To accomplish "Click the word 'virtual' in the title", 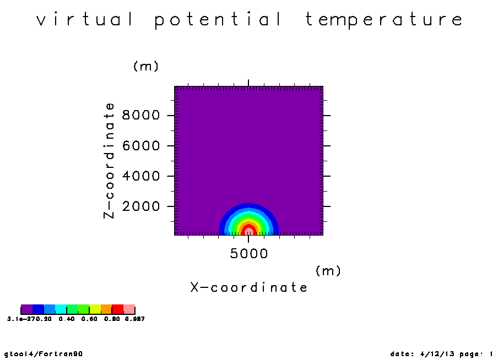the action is pos(85,19).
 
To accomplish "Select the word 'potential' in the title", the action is pos(218,20).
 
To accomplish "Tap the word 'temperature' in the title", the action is pos(384,20).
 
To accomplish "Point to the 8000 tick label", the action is pos(140,115).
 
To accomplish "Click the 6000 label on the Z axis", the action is pos(140,146).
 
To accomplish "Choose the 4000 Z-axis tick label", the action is pos(140,176).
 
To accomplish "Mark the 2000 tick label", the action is pos(140,206).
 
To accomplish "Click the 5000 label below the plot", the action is pos(248,253).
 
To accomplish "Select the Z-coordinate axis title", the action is pos(109,161).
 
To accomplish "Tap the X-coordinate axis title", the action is pos(248,287).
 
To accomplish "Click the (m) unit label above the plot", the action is pos(146,66).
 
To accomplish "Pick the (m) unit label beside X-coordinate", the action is pos(328,271).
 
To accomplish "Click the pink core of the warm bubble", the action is pos(248,231).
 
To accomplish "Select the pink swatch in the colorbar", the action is pos(129,309).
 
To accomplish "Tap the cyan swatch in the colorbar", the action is pos(61,309).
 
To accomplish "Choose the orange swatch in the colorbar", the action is pos(106,309).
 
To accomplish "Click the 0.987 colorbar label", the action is pos(134,319).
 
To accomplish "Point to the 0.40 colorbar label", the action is pos(67,319).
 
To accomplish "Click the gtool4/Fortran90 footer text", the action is pos(44,354).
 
